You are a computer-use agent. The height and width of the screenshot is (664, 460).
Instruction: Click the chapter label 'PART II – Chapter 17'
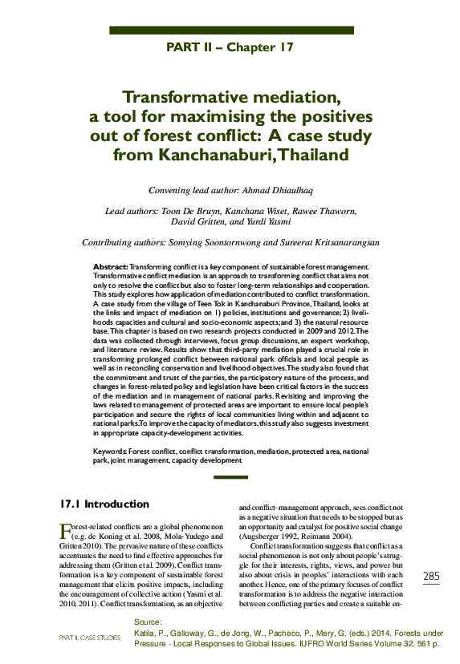click(x=230, y=47)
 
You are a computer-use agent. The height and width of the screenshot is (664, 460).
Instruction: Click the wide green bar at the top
click(x=231, y=30)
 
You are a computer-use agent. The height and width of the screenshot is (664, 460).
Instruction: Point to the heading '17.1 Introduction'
click(x=104, y=504)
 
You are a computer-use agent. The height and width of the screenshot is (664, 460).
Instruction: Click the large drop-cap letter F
click(x=66, y=532)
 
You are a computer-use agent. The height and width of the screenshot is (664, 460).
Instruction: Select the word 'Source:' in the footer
click(x=148, y=622)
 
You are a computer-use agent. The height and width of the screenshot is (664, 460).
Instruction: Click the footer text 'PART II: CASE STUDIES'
click(x=90, y=638)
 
